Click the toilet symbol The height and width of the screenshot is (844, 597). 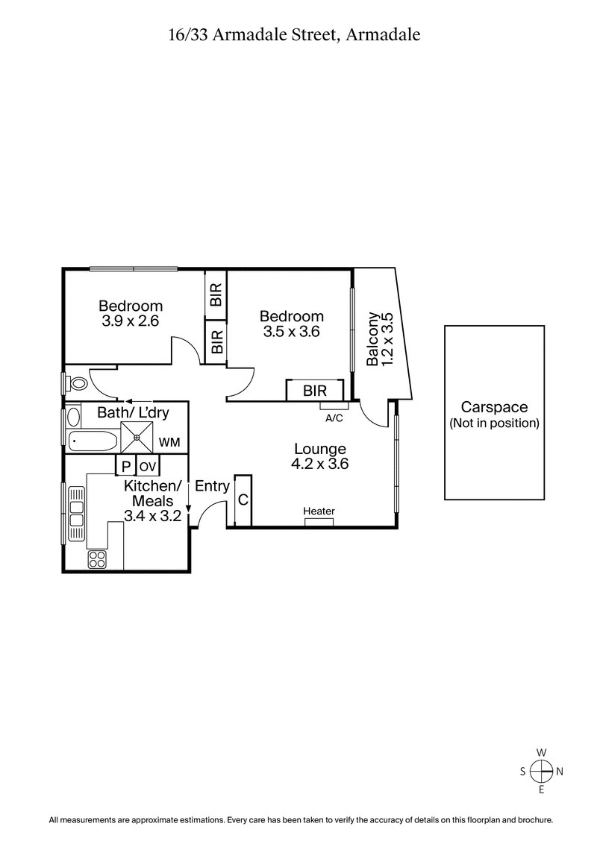pos(75,383)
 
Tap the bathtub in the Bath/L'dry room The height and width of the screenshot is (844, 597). pos(93,441)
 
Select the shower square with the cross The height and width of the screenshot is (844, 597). pos(138,437)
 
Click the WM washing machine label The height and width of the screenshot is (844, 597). pos(169,443)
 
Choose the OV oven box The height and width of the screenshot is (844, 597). pos(148,467)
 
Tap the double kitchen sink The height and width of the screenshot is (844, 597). pos(76,514)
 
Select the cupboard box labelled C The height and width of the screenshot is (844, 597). pos(243,500)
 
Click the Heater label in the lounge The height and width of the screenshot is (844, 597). pos(319,511)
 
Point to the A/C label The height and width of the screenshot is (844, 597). pos(334,418)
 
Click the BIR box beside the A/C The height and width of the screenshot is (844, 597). pos(314,391)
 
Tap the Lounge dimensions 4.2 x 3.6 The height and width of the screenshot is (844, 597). pos(320,463)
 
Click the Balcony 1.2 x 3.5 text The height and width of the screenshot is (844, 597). pos(379,338)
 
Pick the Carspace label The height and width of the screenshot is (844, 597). pos(494,407)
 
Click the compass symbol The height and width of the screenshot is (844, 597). pos(542,770)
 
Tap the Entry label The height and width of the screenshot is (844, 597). pos(212,486)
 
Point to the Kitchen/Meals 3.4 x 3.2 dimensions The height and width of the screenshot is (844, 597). pos(152,515)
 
